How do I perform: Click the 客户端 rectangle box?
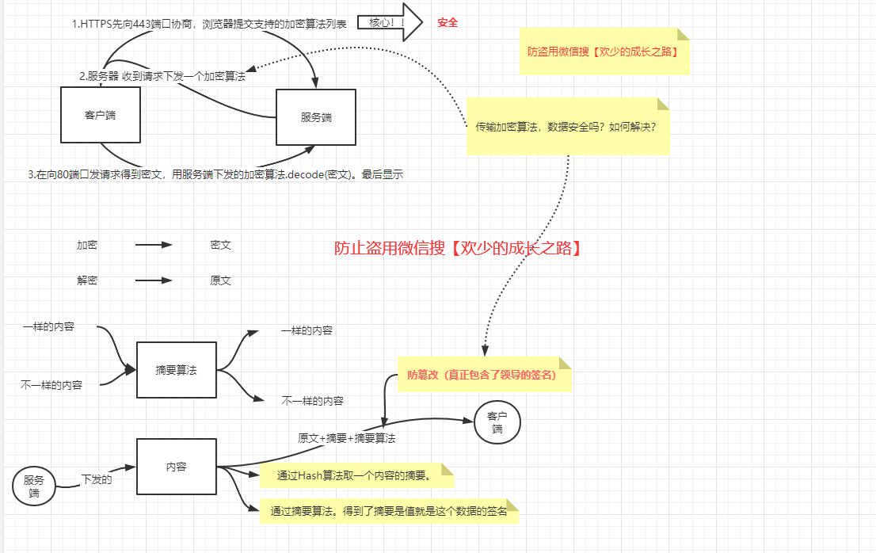click(x=101, y=115)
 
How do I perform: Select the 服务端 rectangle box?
click(x=315, y=117)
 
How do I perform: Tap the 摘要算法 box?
click(x=176, y=370)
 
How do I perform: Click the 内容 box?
click(x=176, y=467)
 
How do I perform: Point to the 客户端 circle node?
click(x=497, y=422)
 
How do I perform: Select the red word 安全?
click(x=448, y=23)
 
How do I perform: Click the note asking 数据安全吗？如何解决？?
click(x=567, y=127)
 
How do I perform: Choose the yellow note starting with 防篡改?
click(x=483, y=375)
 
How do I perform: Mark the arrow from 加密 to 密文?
click(x=154, y=246)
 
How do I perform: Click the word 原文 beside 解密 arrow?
click(x=220, y=280)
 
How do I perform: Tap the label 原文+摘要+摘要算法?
click(x=346, y=438)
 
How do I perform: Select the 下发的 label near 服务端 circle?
click(x=97, y=479)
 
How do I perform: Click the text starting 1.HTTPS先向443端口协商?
click(x=209, y=24)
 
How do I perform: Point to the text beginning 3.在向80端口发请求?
click(x=215, y=174)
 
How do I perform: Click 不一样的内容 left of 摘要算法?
click(x=51, y=384)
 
